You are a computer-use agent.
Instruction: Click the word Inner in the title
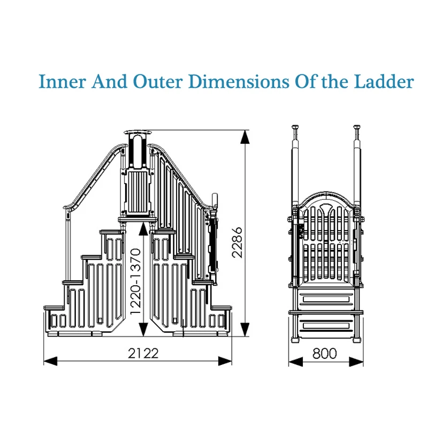(x=62, y=81)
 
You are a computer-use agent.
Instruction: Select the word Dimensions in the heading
(x=239, y=81)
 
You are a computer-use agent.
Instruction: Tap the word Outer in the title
(x=157, y=81)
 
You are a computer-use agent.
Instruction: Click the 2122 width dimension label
(x=143, y=354)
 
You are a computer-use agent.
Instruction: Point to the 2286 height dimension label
(x=237, y=242)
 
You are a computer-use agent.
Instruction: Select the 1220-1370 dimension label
(x=136, y=281)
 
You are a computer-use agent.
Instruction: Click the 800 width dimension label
(x=325, y=354)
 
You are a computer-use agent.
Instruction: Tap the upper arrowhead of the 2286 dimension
(x=245, y=137)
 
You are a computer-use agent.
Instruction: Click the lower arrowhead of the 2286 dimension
(x=245, y=330)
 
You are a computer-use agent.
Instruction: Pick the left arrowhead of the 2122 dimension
(x=50, y=361)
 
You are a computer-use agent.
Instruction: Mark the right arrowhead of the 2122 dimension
(x=225, y=361)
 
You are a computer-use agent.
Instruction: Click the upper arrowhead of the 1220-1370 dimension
(x=143, y=229)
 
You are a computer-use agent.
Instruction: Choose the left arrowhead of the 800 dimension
(x=296, y=362)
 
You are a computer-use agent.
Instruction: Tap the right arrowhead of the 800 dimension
(x=356, y=362)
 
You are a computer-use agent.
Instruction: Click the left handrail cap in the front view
(x=295, y=127)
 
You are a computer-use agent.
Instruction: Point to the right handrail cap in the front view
(x=357, y=127)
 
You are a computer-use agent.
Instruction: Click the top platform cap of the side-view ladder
(x=138, y=132)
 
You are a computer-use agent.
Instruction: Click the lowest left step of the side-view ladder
(x=54, y=308)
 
